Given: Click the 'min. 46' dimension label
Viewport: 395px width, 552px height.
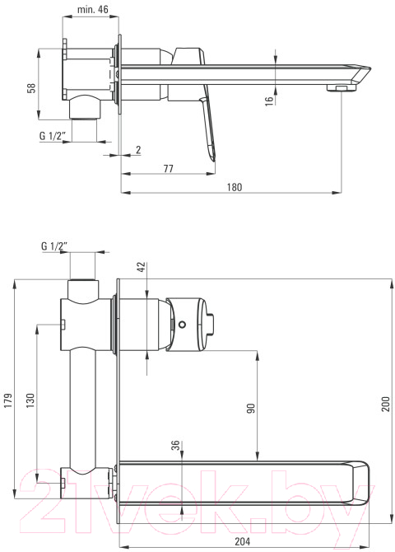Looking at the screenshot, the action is [93, 9].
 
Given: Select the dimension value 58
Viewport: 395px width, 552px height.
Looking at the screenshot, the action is [32, 87].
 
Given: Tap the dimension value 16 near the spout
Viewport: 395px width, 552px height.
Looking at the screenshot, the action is [269, 100].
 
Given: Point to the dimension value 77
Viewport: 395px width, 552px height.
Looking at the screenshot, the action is [169, 169].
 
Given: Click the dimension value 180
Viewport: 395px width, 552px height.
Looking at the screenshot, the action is [235, 187].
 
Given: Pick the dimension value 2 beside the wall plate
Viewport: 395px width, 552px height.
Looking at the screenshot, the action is [138, 150].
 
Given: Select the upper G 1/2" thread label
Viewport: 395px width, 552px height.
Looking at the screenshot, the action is [52, 136].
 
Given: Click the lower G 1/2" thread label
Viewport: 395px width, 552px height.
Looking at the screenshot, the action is [54, 246].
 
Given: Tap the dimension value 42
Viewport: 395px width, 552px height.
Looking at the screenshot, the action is [142, 267].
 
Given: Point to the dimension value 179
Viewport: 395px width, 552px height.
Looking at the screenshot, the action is [8, 400].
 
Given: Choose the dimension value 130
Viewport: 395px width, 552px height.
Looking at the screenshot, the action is [31, 400].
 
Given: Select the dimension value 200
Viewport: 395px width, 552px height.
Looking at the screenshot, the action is [386, 405].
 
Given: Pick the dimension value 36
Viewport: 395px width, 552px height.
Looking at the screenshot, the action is [176, 445].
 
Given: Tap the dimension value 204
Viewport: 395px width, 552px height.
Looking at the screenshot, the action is [243, 541].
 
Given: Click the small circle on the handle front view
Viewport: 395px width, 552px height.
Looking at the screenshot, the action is [182, 325].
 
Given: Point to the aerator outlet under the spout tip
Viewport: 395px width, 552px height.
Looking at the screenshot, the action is [339, 87].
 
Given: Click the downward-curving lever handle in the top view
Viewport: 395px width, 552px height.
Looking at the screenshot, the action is [208, 131].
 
